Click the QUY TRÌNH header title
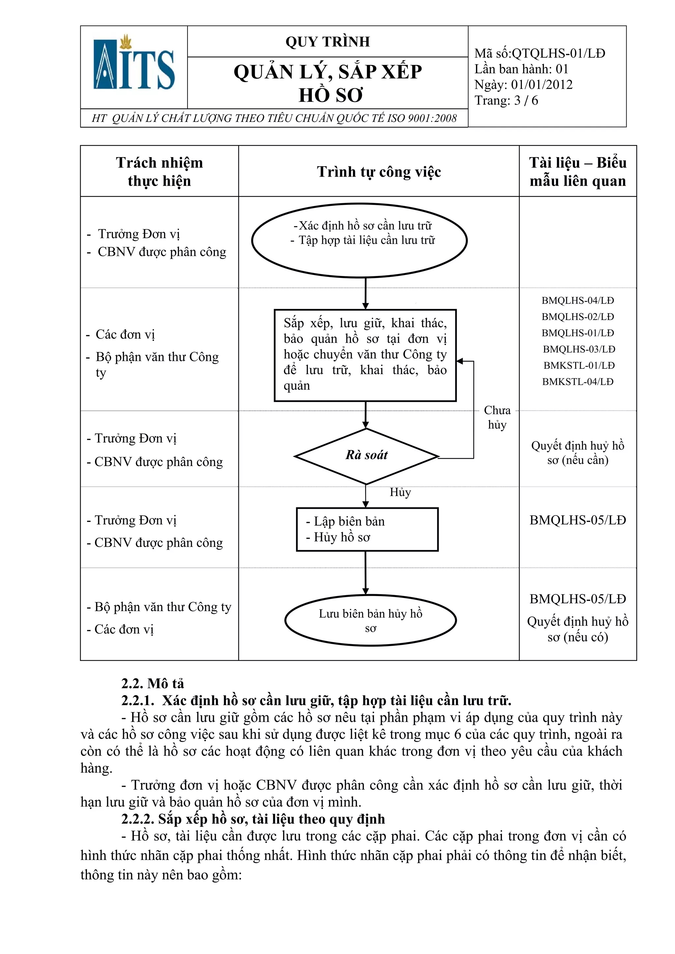[327, 41]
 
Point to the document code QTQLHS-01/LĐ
[558, 53]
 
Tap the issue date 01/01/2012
[542, 85]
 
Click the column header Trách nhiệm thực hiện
[159, 171]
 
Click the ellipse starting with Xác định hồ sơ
[359, 240]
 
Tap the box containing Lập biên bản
[367, 529]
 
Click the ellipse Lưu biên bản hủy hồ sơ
[370, 620]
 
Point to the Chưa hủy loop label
[497, 417]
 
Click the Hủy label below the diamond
[400, 492]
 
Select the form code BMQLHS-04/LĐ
[578, 300]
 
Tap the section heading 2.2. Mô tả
[152, 684]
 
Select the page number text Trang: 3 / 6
[506, 100]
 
